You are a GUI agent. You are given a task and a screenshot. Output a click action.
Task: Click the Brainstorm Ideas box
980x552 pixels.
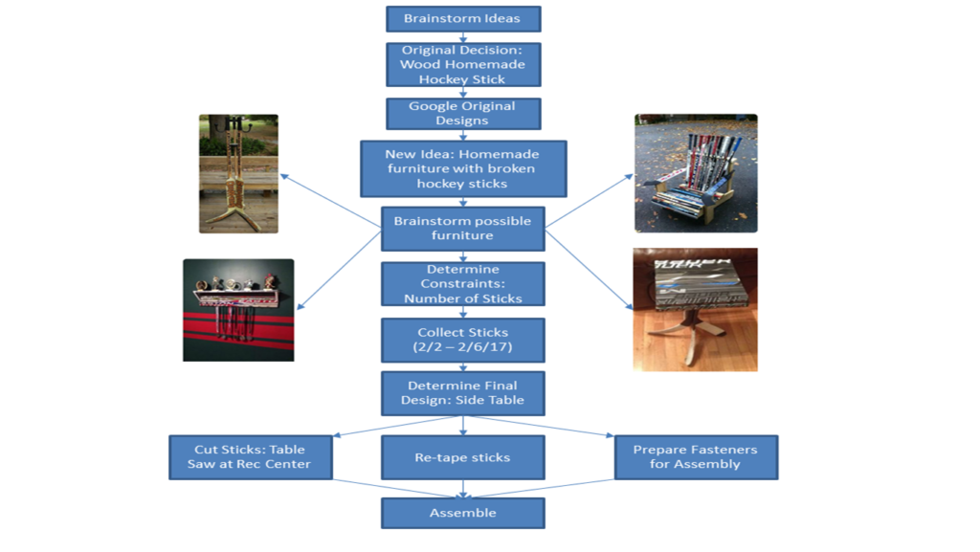tap(463, 19)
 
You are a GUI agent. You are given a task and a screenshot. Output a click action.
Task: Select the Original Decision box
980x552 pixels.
tap(463, 64)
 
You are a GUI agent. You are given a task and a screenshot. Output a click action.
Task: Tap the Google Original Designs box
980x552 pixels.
tap(463, 114)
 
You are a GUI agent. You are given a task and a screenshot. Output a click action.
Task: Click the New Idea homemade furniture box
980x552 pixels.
tap(463, 168)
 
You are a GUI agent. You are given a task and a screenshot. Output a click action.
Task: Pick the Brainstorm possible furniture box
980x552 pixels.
tap(463, 229)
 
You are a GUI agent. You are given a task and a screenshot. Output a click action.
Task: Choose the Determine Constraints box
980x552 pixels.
tap(463, 284)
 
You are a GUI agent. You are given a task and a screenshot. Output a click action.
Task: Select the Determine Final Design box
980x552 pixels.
tap(463, 393)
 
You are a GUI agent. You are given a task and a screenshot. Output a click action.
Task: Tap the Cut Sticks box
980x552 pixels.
tap(250, 457)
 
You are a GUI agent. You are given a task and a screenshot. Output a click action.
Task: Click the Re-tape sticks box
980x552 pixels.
tap(463, 457)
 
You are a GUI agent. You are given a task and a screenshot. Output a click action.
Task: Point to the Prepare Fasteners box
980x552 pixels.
tap(695, 457)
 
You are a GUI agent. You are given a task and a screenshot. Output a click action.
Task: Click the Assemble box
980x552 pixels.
tap(463, 513)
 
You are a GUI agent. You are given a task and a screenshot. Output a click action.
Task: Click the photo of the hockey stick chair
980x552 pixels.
tap(696, 173)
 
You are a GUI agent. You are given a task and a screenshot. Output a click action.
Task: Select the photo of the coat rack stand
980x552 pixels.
tap(238, 174)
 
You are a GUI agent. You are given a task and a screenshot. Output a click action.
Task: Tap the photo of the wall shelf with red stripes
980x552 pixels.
tap(238, 310)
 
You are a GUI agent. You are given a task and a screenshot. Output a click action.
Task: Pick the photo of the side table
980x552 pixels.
tap(695, 309)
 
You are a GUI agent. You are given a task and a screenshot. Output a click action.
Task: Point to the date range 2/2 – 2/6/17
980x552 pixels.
tap(463, 347)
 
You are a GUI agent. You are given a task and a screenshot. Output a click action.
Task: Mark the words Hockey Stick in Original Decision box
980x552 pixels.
tap(463, 78)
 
